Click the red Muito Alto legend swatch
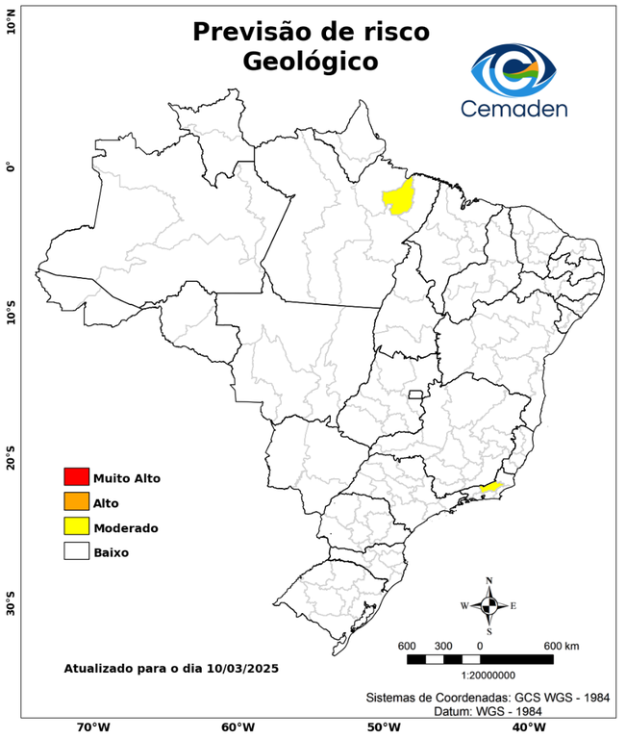click(x=76, y=476)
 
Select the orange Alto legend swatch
click(x=76, y=501)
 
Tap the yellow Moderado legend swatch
click(x=76, y=526)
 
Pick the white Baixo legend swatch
click(x=76, y=551)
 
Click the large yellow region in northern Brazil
click(x=397, y=195)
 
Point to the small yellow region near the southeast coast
click(x=489, y=488)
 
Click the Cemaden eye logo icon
click(x=513, y=66)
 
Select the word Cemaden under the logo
click(x=513, y=108)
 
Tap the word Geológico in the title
click(x=311, y=61)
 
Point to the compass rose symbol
click(x=488, y=605)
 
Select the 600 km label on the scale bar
click(x=561, y=645)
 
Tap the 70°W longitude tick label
click(x=92, y=727)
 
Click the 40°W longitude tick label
click(x=524, y=727)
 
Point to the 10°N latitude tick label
click(x=12, y=20)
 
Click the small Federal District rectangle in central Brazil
click(x=415, y=395)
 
